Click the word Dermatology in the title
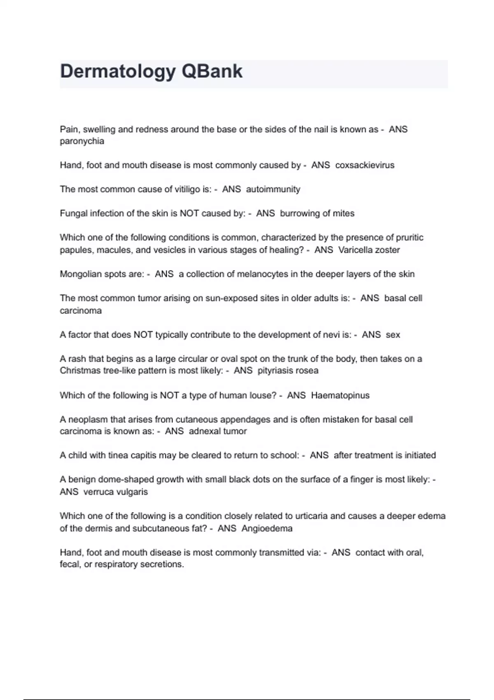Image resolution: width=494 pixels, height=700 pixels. tap(118, 72)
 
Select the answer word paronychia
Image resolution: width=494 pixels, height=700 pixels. tap(82, 141)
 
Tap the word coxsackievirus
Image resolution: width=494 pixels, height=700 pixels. tap(365, 165)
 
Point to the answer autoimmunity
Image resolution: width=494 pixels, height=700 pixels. tap(273, 189)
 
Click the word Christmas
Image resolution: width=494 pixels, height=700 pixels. tap(80, 371)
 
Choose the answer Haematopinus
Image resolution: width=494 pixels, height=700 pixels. tap(340, 396)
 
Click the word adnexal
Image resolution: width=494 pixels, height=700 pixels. tap(204, 431)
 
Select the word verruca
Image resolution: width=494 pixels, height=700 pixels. tap(98, 492)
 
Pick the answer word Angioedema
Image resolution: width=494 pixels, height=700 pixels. tap(267, 528)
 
